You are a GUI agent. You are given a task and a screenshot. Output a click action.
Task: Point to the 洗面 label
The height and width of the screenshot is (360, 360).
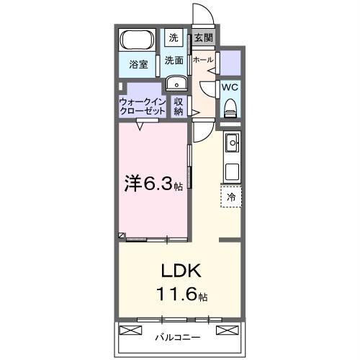pos(173,60)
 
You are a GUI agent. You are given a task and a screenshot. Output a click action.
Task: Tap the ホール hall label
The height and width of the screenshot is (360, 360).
pos(202,60)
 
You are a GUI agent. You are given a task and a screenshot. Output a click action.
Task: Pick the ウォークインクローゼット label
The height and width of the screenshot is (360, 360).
pos(143,107)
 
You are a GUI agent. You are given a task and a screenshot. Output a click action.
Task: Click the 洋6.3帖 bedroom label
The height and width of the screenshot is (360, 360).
pos(154,184)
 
